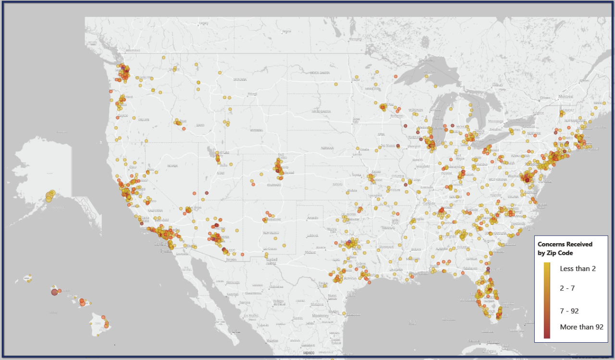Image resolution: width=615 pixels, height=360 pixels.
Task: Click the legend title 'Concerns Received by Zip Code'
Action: click(565, 248)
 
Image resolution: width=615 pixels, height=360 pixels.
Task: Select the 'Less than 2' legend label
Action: click(578, 269)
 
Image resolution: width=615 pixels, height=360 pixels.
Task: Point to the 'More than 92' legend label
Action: click(581, 327)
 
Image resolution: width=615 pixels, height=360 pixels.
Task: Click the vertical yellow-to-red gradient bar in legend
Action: click(547, 300)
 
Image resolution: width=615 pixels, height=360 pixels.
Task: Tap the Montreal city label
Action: click(566, 97)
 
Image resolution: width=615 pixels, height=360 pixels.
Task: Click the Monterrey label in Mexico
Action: click(320, 316)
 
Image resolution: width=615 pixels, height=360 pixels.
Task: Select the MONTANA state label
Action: click(240, 79)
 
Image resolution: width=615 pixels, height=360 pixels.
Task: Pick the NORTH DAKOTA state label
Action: click(320, 73)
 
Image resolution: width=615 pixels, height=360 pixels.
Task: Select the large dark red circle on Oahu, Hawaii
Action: click(54, 292)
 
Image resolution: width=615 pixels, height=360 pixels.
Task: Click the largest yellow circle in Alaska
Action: click(49, 196)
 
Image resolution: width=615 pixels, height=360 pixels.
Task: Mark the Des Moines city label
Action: click(387, 145)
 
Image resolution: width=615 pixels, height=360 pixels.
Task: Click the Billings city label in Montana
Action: click(252, 94)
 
